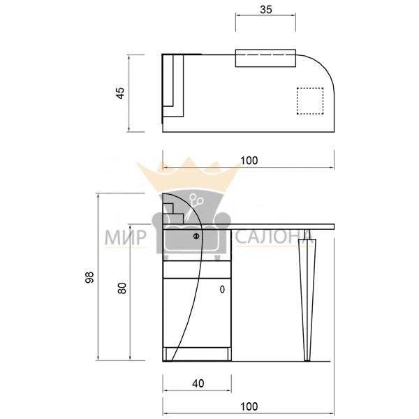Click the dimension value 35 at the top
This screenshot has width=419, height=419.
point(266,10)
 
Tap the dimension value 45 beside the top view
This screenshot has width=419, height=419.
point(121,94)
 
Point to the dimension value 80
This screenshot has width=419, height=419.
point(122,288)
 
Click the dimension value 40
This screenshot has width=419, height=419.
point(198,383)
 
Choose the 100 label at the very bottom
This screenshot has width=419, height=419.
point(249,406)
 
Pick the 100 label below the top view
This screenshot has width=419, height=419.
point(249,161)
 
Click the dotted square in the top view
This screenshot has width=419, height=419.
point(310,101)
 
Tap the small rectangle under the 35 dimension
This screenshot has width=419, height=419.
point(265,58)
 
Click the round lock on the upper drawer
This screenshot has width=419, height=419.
point(196,236)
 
